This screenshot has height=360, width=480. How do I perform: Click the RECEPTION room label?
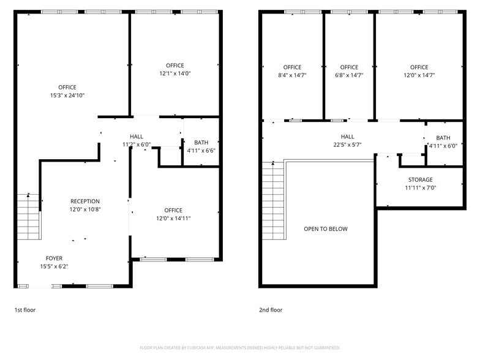(x=84, y=201)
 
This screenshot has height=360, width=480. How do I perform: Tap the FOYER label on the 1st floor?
(x=54, y=258)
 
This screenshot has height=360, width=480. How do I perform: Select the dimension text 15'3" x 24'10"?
(x=67, y=96)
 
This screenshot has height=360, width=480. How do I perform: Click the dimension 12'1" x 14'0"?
(x=174, y=73)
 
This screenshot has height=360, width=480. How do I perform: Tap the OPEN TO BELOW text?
(x=325, y=229)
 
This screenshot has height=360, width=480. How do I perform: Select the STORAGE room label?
(x=420, y=180)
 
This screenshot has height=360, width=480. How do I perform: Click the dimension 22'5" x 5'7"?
(x=347, y=145)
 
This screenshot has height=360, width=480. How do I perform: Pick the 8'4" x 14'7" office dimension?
(x=292, y=75)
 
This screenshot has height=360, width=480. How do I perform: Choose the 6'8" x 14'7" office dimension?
(x=349, y=75)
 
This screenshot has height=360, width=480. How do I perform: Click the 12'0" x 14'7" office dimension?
(x=419, y=75)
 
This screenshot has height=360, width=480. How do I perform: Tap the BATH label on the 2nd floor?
(x=443, y=138)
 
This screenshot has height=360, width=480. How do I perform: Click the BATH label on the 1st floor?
(x=201, y=143)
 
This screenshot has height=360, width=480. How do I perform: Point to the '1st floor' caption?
(x=25, y=310)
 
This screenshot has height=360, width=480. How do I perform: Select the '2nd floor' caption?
(x=271, y=310)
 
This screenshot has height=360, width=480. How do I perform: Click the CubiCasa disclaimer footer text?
(x=240, y=348)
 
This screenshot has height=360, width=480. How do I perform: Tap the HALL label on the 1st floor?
(x=137, y=137)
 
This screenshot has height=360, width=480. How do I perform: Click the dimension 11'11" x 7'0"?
(x=420, y=188)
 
